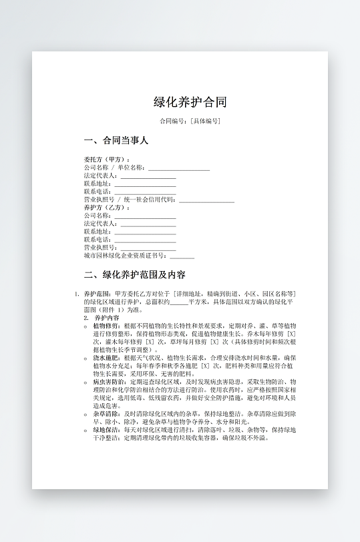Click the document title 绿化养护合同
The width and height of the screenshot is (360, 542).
pyautogui.click(x=190, y=102)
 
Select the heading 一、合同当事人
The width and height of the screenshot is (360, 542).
pyautogui.click(x=116, y=141)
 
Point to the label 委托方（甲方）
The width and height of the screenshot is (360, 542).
pyautogui.click(x=107, y=160)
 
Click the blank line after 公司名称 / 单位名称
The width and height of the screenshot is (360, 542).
pyautogui.click(x=178, y=168)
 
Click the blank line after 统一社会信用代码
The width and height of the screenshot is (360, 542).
pyautogui.click(x=206, y=200)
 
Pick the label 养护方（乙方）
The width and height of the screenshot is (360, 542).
pyautogui.click(x=107, y=208)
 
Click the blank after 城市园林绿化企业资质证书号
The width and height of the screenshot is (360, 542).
pyautogui.click(x=182, y=256)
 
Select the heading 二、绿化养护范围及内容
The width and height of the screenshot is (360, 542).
pyautogui.click(x=135, y=275)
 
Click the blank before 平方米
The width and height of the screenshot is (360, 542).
pyautogui.click(x=178, y=302)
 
